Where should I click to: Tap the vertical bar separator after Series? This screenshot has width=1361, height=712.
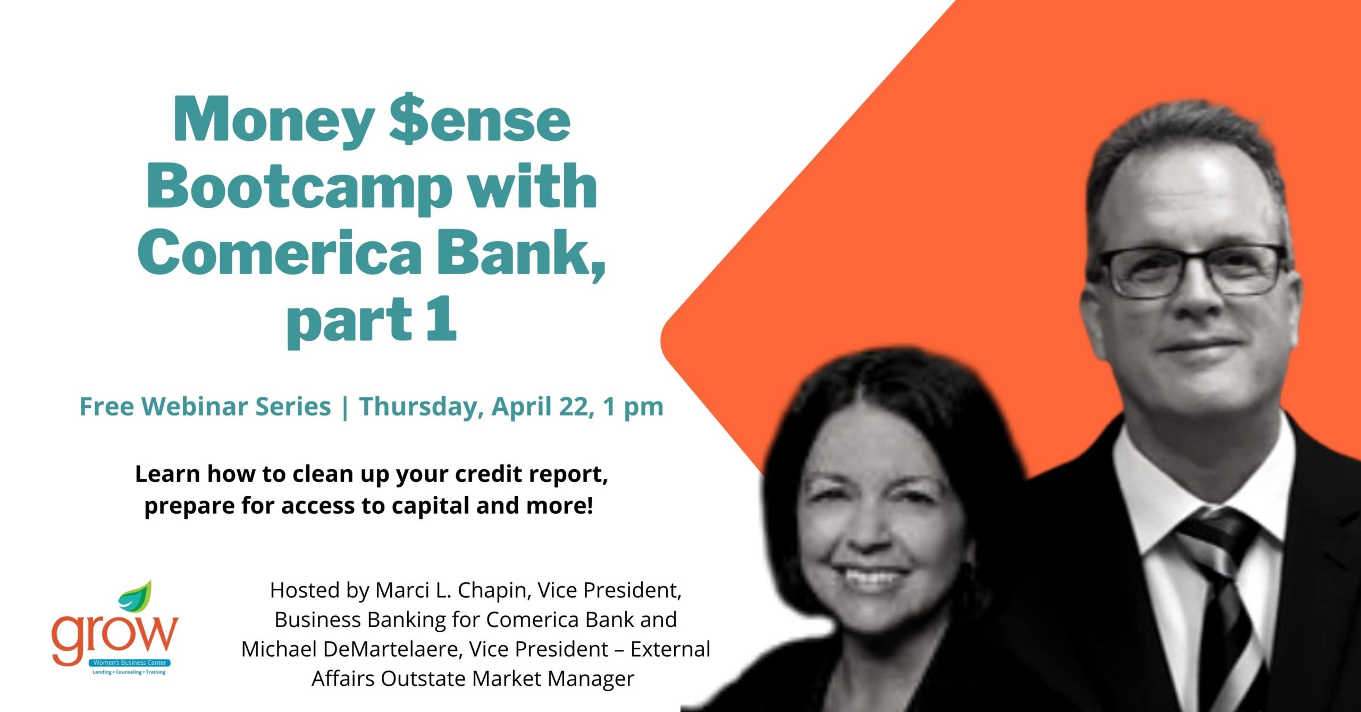click(x=346, y=408)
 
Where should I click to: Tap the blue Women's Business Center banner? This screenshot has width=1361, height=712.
click(x=130, y=663)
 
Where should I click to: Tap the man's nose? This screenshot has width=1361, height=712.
click(x=1196, y=298)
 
